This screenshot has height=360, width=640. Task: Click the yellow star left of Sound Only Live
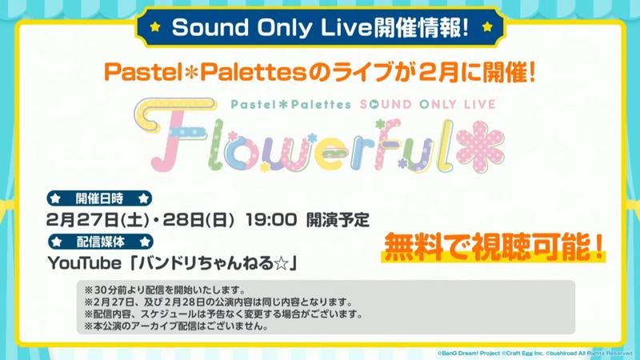pyautogui.click(x=155, y=27)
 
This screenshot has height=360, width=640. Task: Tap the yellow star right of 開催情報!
pyautogui.click(x=487, y=27)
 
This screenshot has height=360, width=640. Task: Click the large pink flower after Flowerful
pyautogui.click(x=480, y=146)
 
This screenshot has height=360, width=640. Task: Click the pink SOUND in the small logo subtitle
pyautogui.click(x=386, y=105)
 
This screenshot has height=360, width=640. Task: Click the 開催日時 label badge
pyautogui.click(x=99, y=198)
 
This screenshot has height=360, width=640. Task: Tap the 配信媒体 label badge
pyautogui.click(x=101, y=242)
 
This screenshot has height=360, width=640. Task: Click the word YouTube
pyautogui.click(x=85, y=263)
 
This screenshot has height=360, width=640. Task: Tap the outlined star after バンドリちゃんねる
pyautogui.click(x=281, y=264)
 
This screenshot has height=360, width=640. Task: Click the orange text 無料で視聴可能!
pyautogui.click(x=494, y=247)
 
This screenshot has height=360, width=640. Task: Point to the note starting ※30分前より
pyautogui.click(x=165, y=290)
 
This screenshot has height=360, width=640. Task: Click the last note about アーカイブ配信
pyautogui.click(x=176, y=326)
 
